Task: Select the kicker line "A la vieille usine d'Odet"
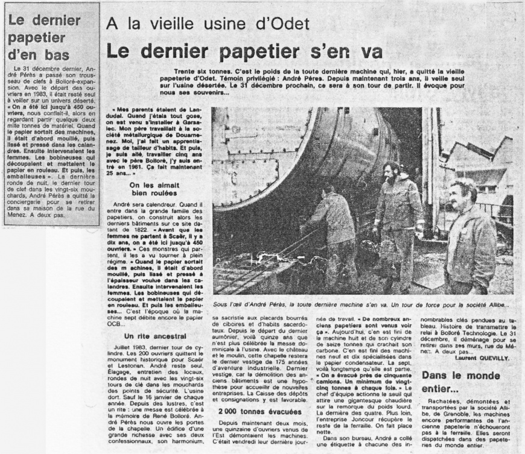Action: click(x=208, y=24)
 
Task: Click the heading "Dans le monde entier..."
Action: click(x=457, y=382)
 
